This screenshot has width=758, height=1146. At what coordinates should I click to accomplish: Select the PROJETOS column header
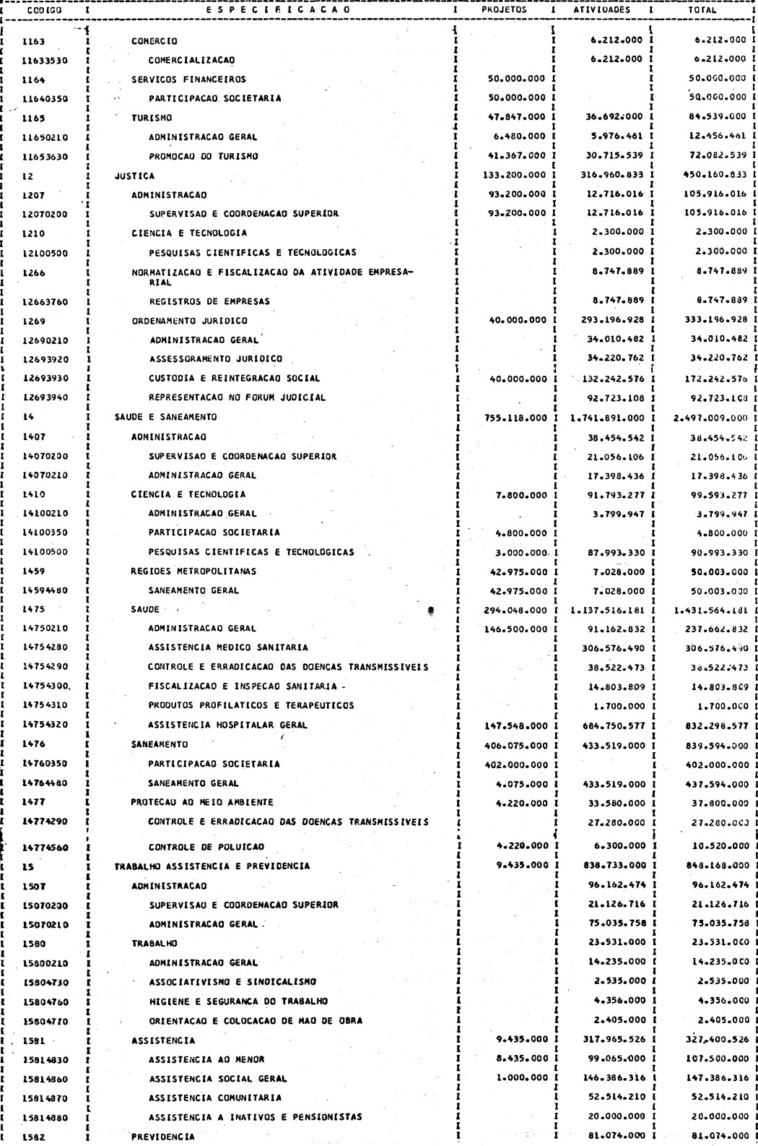(x=504, y=11)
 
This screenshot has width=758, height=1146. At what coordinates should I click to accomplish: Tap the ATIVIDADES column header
(x=601, y=11)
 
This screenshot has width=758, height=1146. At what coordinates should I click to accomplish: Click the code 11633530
(x=44, y=60)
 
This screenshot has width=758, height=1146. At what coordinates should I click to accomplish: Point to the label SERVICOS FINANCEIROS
(x=188, y=79)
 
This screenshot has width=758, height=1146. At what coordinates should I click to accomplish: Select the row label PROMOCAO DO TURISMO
(x=203, y=156)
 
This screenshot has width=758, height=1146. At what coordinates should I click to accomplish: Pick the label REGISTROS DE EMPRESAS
(x=209, y=301)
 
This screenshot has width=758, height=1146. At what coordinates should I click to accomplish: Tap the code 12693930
(x=44, y=379)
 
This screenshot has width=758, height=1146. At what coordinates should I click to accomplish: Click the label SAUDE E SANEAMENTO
(x=165, y=417)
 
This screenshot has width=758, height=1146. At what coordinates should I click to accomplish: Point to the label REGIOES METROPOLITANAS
(x=193, y=571)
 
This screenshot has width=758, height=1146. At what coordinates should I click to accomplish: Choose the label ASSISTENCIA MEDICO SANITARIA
(x=228, y=647)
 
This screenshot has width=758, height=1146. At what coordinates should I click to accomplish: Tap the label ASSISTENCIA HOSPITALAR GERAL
(x=227, y=725)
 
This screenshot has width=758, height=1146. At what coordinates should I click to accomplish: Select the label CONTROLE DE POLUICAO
(x=206, y=847)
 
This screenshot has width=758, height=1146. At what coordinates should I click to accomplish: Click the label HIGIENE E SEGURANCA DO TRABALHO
(x=238, y=1001)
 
